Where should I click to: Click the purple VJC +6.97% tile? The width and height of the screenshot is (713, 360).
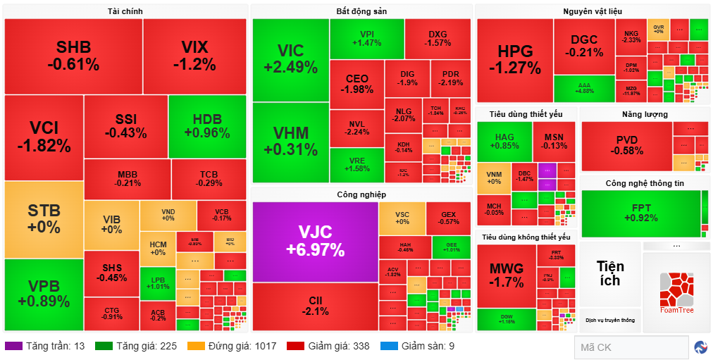pos(315,241)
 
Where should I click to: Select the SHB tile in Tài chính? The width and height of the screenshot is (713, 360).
pos(73,56)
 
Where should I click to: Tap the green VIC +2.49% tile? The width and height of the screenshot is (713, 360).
pos(290,59)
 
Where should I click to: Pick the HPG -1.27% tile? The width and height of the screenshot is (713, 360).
pos(514,60)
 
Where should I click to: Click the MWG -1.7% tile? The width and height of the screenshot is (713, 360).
pos(506,275)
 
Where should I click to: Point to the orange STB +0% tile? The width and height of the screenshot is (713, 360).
pos(44,219)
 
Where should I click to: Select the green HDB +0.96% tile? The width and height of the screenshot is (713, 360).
pos(206,126)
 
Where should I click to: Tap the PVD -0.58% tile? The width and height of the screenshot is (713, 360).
pos(626,145)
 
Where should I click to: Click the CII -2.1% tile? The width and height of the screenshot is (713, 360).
pos(315,306)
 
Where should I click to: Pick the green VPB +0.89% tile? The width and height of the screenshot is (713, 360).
pos(44,294)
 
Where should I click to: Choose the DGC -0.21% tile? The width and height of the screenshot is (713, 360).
pos(584,46)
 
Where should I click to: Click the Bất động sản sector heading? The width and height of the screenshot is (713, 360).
pos(361,11)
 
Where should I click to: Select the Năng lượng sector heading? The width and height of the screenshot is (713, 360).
pos(645,114)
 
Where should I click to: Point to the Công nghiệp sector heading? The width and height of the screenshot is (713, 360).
pos(361,194)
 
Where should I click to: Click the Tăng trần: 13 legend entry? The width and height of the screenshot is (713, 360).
pos(45,346)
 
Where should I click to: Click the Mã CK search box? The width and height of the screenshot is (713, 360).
pos(631,347)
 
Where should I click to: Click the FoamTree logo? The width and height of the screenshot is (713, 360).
pos(677,293)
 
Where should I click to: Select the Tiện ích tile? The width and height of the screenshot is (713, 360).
pos(610,273)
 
